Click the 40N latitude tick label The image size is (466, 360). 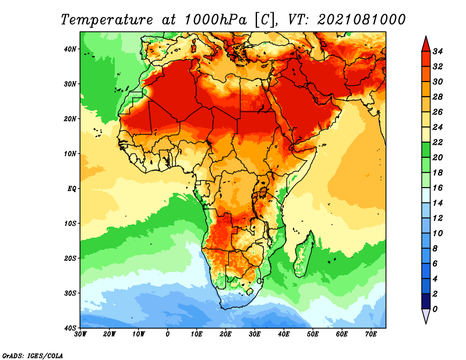pos(70,49)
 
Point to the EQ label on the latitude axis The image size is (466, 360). pos(71,189)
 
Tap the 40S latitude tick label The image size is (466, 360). pos(70,328)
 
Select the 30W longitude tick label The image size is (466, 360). pos(80,334)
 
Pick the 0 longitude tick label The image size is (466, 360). pos(168,334)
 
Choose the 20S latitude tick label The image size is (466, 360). pos(70,258)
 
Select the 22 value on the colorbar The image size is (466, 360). pos(439,142)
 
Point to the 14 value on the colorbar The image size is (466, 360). pos(439,203)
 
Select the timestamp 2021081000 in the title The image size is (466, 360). pos(361,19)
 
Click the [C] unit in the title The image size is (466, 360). pos(262,19)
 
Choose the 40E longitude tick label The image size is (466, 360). pos(284,334)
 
